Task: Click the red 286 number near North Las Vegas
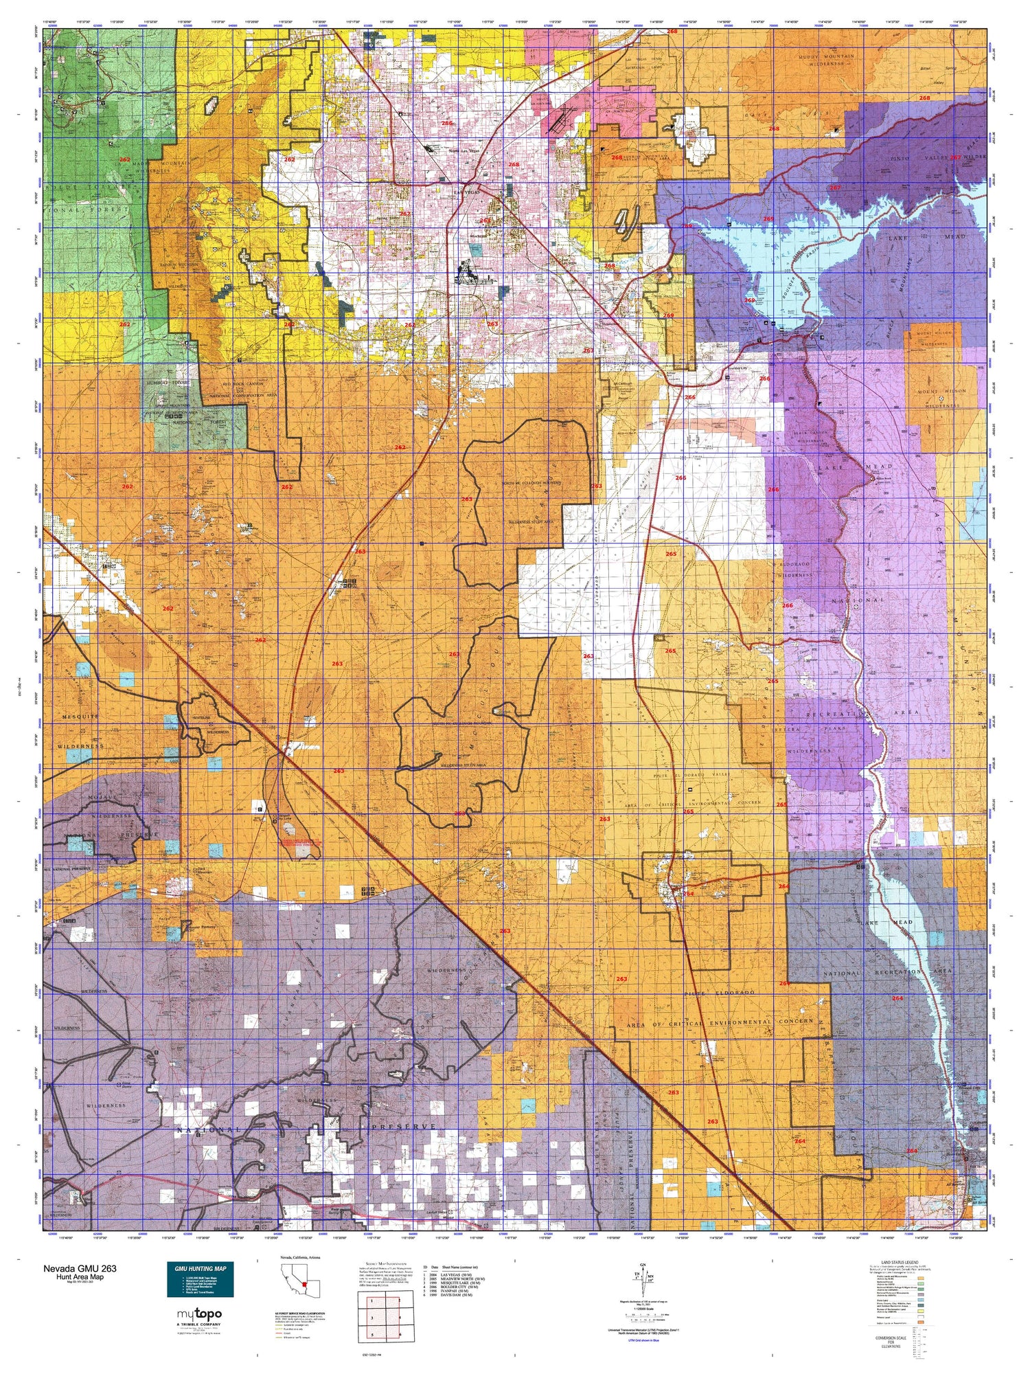coord(447,124)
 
